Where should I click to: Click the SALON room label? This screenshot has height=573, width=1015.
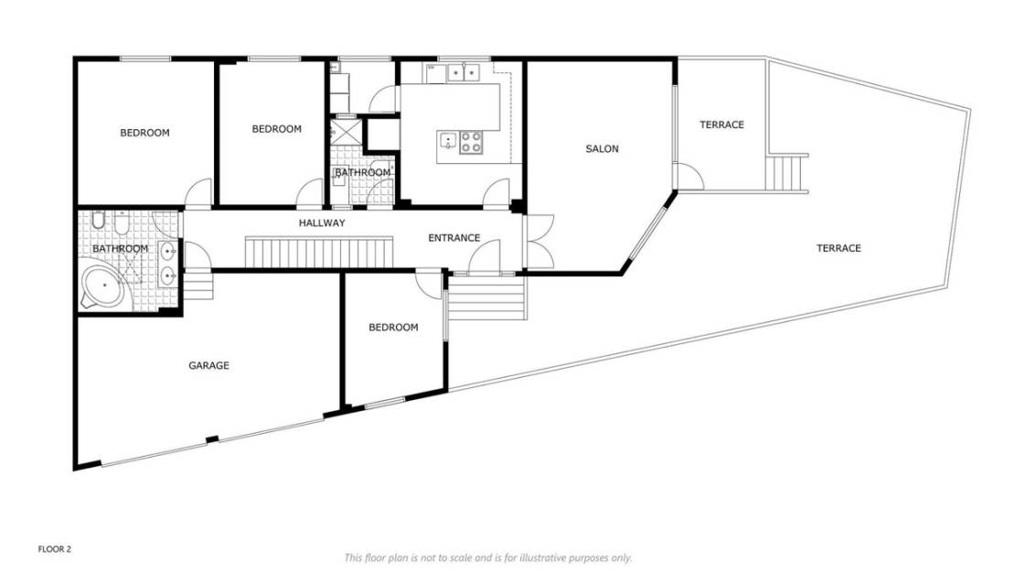[x=602, y=148]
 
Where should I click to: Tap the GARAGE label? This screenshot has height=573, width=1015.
[x=208, y=365]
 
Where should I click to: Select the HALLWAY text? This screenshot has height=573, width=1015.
[x=321, y=222]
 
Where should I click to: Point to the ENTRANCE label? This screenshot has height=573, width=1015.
[x=454, y=238]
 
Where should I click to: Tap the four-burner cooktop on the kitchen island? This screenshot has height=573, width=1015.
[x=471, y=142]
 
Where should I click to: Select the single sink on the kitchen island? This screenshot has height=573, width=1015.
[x=448, y=141]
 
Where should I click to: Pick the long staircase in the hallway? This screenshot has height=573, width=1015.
[x=318, y=250]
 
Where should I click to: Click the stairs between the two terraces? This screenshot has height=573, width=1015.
[x=787, y=171]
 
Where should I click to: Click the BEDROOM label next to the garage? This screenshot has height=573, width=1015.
[x=393, y=327]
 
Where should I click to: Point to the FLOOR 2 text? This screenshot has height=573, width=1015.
[x=54, y=549]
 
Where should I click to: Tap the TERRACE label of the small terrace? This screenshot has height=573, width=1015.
[x=721, y=124]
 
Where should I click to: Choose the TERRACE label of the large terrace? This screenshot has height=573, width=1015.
[x=838, y=248]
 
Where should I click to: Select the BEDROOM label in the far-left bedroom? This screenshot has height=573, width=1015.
[x=144, y=133]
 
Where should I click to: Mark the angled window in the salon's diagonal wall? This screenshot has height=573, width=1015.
[x=648, y=235]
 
